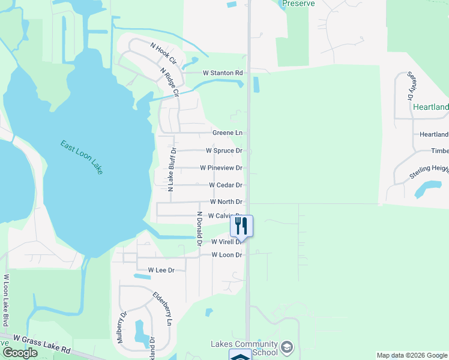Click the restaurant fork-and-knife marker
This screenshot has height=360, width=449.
241,226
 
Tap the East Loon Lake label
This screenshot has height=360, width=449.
82,157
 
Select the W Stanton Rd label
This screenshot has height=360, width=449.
222,73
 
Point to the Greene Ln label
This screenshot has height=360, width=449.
227,133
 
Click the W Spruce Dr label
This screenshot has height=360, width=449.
224,151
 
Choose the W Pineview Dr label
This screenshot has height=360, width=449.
221,168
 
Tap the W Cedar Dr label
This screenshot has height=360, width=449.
225,185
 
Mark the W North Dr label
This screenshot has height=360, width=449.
226,202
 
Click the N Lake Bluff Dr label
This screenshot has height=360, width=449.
170,169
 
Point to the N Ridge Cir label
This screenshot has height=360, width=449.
169,82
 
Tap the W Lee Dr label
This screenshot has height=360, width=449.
161,271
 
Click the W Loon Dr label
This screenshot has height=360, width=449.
227,255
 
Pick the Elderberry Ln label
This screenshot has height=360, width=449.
162,308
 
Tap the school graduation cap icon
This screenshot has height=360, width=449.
288,347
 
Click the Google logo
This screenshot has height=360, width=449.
20,353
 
